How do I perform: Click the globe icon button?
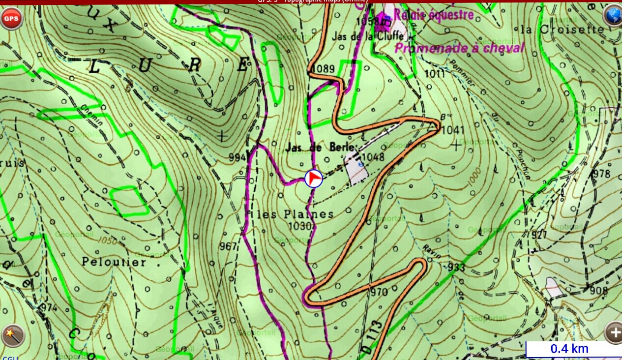[613, 16]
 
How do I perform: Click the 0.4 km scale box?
[569, 349]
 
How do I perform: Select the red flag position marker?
[314, 179]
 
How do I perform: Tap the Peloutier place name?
[114, 262]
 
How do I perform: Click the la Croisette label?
[562, 30]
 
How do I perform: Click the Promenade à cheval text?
[460, 48]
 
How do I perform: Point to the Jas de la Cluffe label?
[368, 36]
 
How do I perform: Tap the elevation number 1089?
[323, 69]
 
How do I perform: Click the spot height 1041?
[453, 131]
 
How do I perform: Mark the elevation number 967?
[229, 246]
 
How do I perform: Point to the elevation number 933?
[456, 267]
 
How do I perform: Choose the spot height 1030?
[301, 226]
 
